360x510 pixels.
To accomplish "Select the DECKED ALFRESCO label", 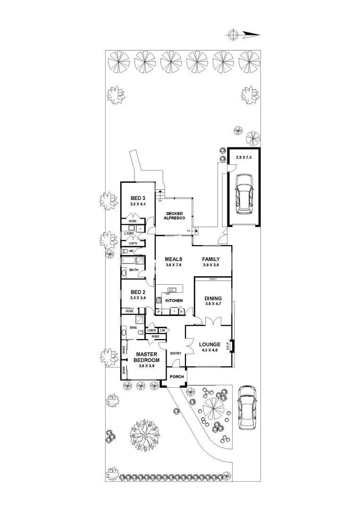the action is click(173, 215).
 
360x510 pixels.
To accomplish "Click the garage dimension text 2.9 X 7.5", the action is click(243, 158).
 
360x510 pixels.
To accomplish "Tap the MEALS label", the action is click(173, 259).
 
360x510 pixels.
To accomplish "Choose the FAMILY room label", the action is click(210, 259).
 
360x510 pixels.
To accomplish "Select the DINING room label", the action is click(213, 298).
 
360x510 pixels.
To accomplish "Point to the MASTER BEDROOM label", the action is click(147, 357).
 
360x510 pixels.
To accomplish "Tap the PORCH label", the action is click(176, 377).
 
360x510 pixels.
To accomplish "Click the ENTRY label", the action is click(176, 353).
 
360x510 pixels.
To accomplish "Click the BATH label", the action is click(134, 270).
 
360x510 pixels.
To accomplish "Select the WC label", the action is click(132, 251).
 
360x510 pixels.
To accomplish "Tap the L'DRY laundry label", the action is click(130, 234).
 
